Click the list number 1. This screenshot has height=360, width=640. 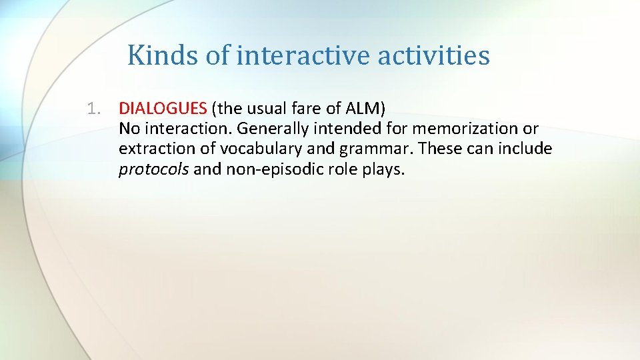[x=95, y=108]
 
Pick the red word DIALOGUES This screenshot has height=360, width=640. [x=163, y=108]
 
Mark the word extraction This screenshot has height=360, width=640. [x=151, y=149]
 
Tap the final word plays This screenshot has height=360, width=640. [x=381, y=169]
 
